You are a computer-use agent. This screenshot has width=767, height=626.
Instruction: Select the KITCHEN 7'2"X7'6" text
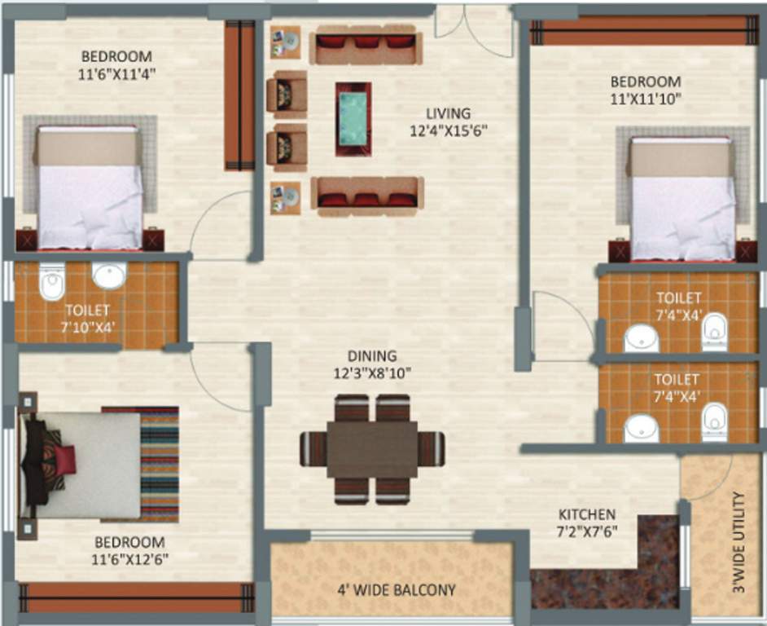[586, 522]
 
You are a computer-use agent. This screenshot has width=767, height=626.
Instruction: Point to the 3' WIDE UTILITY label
[739, 543]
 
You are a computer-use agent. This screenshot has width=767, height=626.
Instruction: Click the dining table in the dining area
[372, 449]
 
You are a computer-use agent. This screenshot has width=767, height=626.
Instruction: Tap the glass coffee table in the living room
[353, 118]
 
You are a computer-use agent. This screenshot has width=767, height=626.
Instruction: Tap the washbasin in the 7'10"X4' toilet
[108, 276]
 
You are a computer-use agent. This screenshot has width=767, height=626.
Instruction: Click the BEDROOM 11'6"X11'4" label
[117, 64]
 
